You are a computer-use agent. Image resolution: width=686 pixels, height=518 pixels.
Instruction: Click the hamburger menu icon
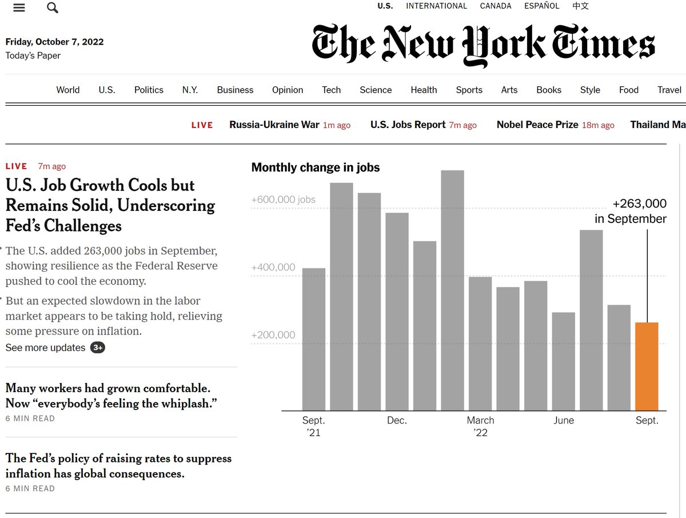click(19, 7)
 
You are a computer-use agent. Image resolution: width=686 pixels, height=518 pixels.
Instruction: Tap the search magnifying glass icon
click(53, 7)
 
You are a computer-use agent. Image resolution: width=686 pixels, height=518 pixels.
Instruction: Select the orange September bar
click(647, 366)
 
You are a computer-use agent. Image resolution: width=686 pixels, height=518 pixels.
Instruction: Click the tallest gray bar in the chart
click(453, 290)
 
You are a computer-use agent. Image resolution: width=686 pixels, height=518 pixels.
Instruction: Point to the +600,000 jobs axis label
click(284, 200)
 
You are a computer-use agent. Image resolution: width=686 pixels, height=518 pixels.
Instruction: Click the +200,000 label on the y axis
click(273, 335)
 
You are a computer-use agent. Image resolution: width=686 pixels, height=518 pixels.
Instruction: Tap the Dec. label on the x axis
click(397, 420)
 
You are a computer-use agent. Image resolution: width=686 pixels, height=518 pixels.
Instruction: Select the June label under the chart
click(564, 420)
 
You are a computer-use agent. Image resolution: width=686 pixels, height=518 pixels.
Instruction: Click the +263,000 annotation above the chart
click(639, 204)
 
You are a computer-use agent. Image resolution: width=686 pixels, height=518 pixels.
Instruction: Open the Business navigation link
click(235, 90)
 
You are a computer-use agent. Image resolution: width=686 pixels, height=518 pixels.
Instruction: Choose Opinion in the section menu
click(288, 90)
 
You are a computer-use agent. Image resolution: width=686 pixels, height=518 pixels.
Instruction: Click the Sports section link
click(469, 90)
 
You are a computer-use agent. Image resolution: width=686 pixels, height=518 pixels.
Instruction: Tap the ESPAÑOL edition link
click(542, 6)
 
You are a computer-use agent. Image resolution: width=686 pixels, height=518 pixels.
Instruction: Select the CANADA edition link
click(496, 6)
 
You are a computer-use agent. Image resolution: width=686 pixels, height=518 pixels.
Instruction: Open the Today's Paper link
click(33, 55)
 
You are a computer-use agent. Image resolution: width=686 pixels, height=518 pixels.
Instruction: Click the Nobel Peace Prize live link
click(537, 125)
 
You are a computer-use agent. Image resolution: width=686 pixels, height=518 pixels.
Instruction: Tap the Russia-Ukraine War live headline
click(274, 125)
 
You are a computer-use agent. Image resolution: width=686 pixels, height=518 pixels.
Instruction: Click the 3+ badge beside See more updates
click(98, 348)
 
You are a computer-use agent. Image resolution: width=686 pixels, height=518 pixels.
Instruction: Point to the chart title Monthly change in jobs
click(316, 168)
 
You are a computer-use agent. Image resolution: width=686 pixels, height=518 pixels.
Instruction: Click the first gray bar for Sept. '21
click(314, 339)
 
